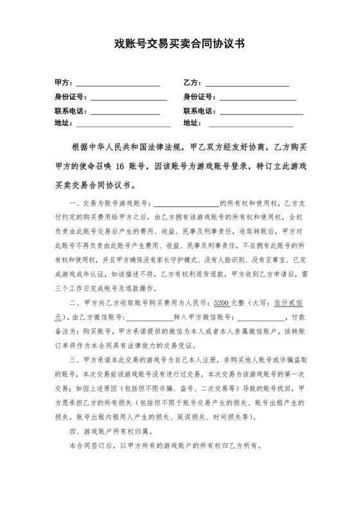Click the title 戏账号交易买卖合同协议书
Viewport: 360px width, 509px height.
(x=179, y=45)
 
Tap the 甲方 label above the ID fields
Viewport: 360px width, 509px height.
(x=63, y=84)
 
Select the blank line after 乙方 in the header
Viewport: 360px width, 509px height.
(x=247, y=84)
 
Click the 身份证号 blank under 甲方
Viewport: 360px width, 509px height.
(x=129, y=98)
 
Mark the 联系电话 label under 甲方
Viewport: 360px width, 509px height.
(x=70, y=111)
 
